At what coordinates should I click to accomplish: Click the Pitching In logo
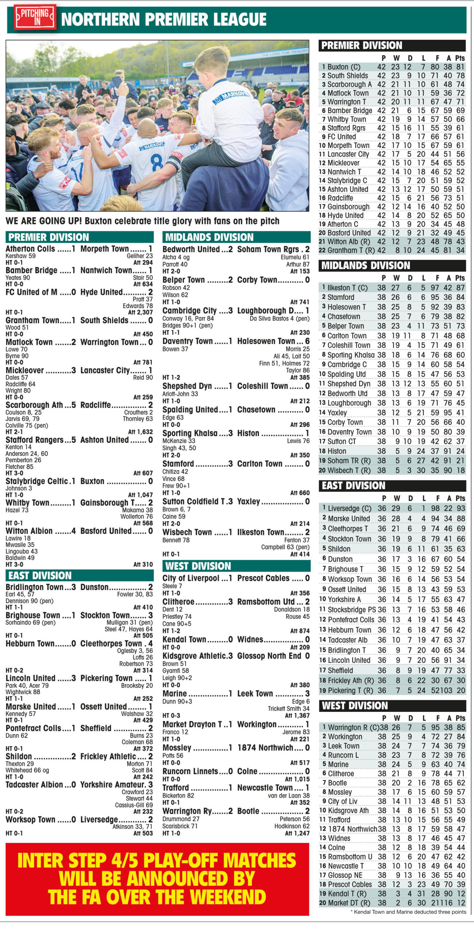(x=35, y=17)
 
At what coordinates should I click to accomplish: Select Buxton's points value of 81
(x=460, y=67)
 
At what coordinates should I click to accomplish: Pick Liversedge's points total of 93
(x=461, y=508)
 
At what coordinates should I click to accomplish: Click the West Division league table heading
(x=354, y=706)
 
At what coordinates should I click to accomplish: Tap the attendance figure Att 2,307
(x=140, y=312)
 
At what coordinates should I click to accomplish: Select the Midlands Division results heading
(x=209, y=237)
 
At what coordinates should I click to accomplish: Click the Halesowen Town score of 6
(x=307, y=341)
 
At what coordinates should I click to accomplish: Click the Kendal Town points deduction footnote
(x=408, y=912)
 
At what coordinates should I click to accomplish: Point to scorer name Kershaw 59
(x=20, y=256)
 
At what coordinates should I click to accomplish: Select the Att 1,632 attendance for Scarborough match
(x=140, y=432)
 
